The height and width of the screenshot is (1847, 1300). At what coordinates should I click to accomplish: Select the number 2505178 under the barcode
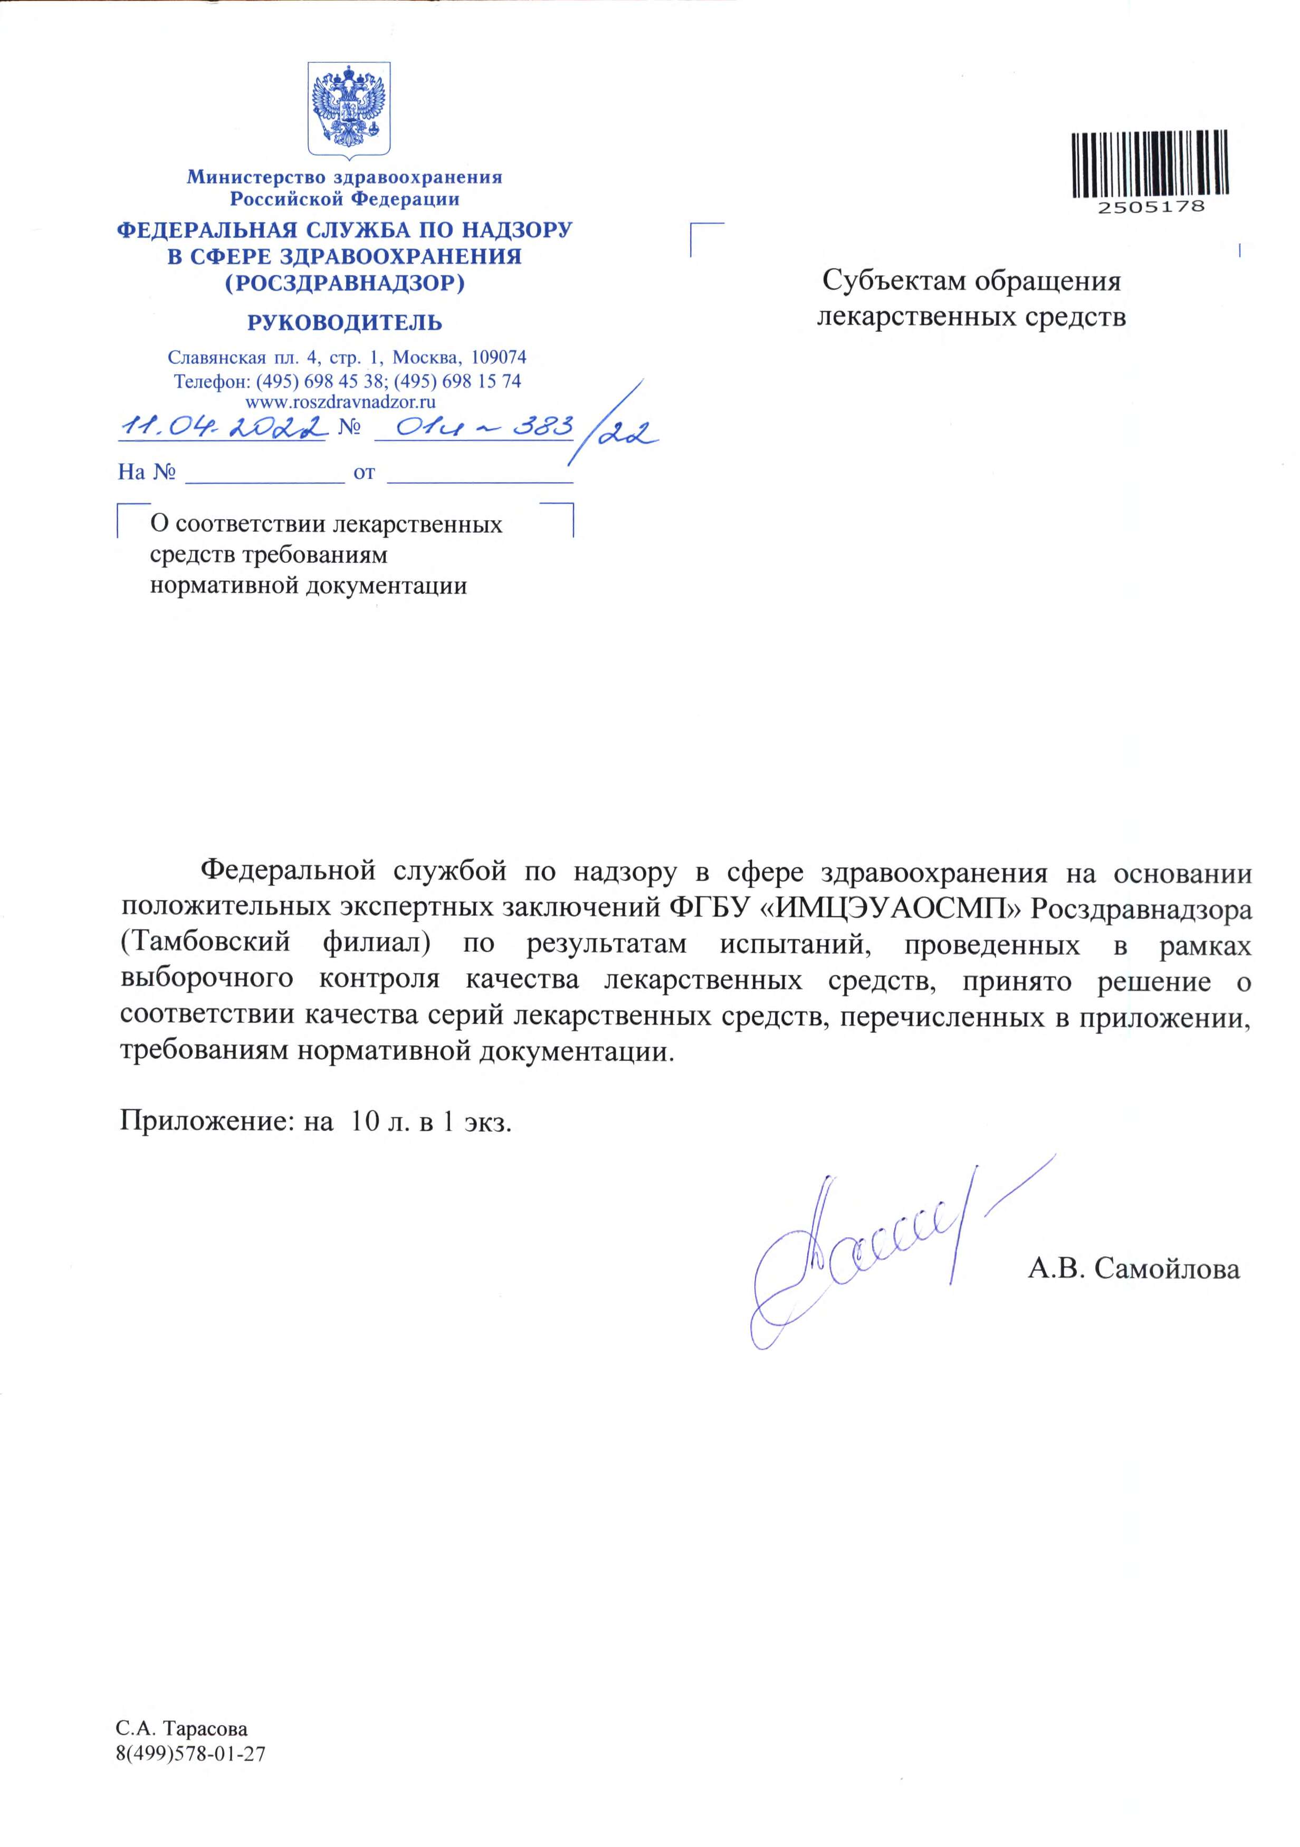[x=1151, y=207]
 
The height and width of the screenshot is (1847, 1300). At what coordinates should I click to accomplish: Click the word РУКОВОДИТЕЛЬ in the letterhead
[x=345, y=323]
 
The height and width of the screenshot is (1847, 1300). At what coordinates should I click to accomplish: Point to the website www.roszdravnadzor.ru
[x=340, y=402]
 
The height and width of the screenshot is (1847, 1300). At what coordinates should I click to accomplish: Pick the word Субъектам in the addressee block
[x=893, y=282]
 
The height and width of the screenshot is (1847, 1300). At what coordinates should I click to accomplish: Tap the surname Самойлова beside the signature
[x=1167, y=1269]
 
